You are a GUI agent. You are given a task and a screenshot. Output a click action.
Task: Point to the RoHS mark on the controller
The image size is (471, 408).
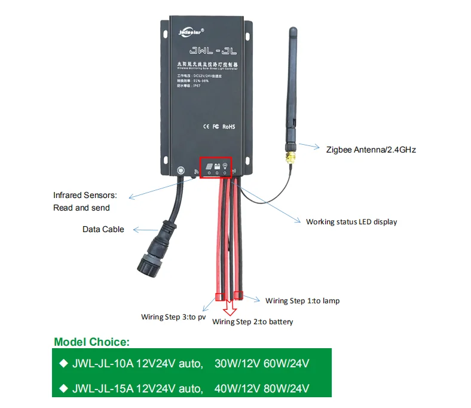click(229, 127)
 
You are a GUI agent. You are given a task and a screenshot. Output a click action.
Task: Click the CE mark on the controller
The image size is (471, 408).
click(205, 127)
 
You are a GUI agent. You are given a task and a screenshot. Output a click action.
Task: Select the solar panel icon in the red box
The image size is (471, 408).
click(209, 167)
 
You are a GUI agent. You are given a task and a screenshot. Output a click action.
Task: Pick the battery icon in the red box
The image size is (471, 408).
click(217, 167)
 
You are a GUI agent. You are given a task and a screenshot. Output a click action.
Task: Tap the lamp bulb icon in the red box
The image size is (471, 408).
click(225, 167)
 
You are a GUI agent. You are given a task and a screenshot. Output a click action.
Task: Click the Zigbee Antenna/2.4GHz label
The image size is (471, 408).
click(371, 150)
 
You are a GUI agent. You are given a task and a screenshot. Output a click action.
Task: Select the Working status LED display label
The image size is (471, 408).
click(351, 222)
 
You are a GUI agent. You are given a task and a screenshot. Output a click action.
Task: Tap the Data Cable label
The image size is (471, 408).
click(103, 229)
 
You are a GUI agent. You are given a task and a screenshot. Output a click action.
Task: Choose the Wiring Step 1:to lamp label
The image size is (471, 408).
click(302, 300)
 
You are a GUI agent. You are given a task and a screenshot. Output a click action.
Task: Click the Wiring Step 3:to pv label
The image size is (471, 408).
click(173, 316)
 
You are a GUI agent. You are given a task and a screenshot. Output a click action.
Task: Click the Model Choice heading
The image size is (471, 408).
click(91, 342)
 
